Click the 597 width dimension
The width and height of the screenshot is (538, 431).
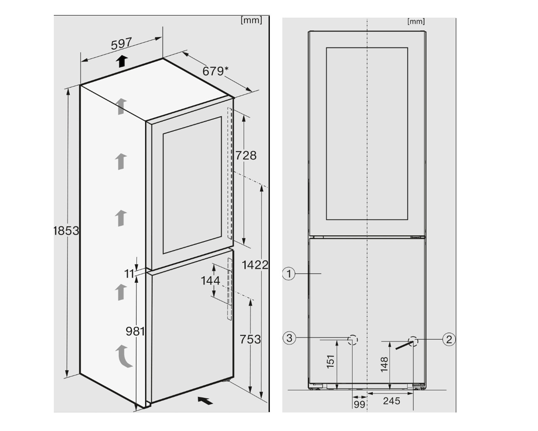click(x=121, y=44)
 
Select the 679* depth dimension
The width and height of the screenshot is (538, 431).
click(x=215, y=71)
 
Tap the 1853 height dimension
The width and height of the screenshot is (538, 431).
click(x=66, y=231)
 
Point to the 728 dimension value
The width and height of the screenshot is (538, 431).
click(x=246, y=155)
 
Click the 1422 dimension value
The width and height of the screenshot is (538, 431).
click(x=255, y=265)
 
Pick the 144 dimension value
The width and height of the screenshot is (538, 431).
click(x=211, y=280)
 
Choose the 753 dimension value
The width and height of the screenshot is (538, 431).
click(x=250, y=339)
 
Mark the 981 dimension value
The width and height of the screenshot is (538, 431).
click(x=135, y=331)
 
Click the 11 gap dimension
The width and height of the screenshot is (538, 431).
click(x=129, y=274)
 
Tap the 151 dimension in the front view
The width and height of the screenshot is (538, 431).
click(x=330, y=362)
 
